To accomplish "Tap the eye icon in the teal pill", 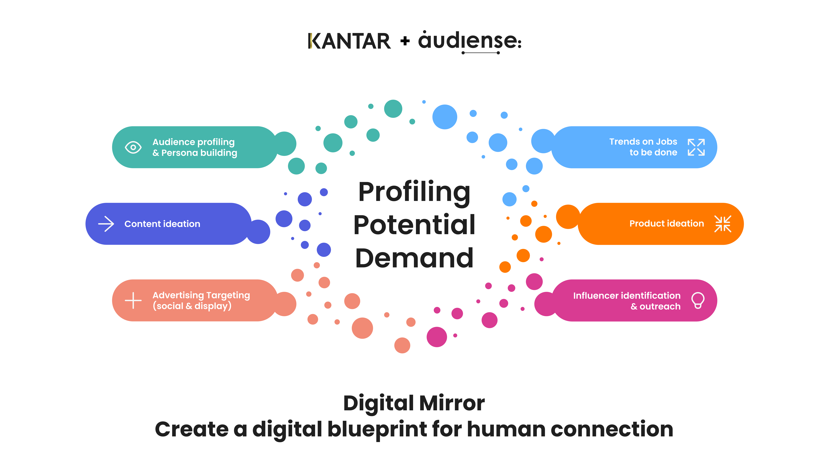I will click(133, 147).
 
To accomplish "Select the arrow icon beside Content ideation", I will click(106, 224).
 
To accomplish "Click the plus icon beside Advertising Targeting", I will click(133, 300).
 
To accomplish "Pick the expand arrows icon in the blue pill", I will click(696, 147).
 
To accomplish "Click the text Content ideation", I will click(162, 224).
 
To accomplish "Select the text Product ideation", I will click(667, 224).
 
